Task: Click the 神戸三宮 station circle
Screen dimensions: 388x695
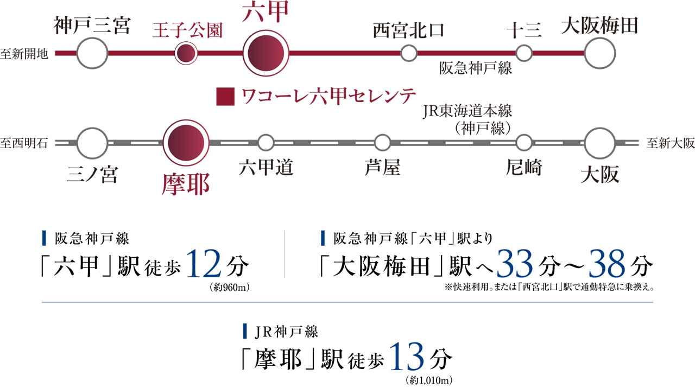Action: [92, 53]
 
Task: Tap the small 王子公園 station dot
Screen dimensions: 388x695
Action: [186, 53]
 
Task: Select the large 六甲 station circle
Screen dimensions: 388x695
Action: [266, 53]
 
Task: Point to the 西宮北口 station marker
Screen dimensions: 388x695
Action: [408, 53]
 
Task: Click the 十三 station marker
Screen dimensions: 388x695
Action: [524, 53]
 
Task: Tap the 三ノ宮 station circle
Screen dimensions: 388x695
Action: [92, 143]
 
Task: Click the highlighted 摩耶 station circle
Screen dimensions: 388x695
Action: [186, 143]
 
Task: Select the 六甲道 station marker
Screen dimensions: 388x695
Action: [266, 143]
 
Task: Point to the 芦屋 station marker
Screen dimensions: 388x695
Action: [382, 143]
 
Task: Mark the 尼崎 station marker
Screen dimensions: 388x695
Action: [524, 143]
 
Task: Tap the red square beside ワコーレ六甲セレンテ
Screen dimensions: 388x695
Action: [225, 97]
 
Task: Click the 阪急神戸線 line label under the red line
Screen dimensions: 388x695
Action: [476, 69]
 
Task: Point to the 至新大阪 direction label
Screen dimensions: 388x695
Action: [671, 143]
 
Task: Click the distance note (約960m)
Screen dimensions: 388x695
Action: [228, 288]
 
